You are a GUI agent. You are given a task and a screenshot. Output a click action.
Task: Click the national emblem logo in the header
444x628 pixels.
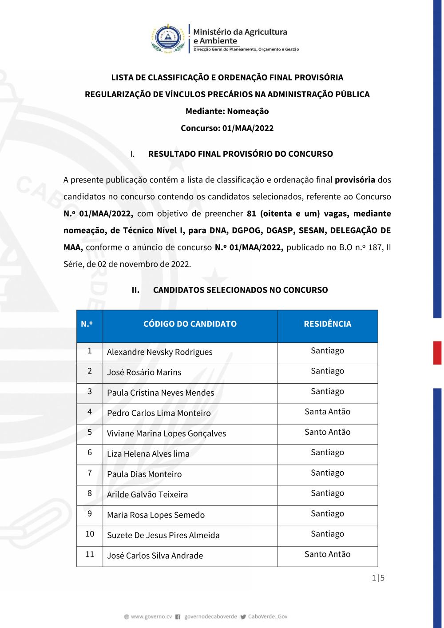click(168, 39)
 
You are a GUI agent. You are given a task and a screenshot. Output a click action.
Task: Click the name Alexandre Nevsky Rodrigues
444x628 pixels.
click(159, 352)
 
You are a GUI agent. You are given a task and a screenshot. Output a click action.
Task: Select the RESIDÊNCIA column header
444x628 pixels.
click(327, 324)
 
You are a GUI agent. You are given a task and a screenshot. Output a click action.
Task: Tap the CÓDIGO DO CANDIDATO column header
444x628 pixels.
click(190, 324)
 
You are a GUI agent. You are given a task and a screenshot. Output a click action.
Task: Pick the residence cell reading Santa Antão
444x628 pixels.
click(327, 412)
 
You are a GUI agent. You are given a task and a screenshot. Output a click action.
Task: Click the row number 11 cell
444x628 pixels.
click(90, 554)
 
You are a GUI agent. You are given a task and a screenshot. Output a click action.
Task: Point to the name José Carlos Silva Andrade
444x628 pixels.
click(155, 556)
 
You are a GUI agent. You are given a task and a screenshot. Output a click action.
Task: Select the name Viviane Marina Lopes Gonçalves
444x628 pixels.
click(166, 433)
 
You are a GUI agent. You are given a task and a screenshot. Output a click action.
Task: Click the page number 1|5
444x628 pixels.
click(378, 578)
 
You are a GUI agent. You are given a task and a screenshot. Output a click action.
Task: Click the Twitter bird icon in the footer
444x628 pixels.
click(243, 616)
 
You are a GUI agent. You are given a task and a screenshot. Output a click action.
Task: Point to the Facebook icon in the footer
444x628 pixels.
click(178, 616)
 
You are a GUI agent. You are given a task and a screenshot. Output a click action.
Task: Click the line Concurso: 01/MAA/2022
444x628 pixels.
click(227, 128)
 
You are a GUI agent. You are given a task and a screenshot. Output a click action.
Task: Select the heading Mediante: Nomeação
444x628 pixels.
click(227, 111)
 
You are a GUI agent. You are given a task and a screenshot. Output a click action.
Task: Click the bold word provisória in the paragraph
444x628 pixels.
click(355, 180)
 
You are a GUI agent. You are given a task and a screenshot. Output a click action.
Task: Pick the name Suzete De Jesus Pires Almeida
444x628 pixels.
click(163, 535)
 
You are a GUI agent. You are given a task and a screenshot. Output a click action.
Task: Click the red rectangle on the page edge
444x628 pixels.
click(437, 353)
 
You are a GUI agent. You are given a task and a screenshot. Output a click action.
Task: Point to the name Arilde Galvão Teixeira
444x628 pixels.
click(147, 494)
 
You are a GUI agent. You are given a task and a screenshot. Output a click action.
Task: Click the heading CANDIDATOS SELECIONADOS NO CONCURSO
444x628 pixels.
click(240, 290)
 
